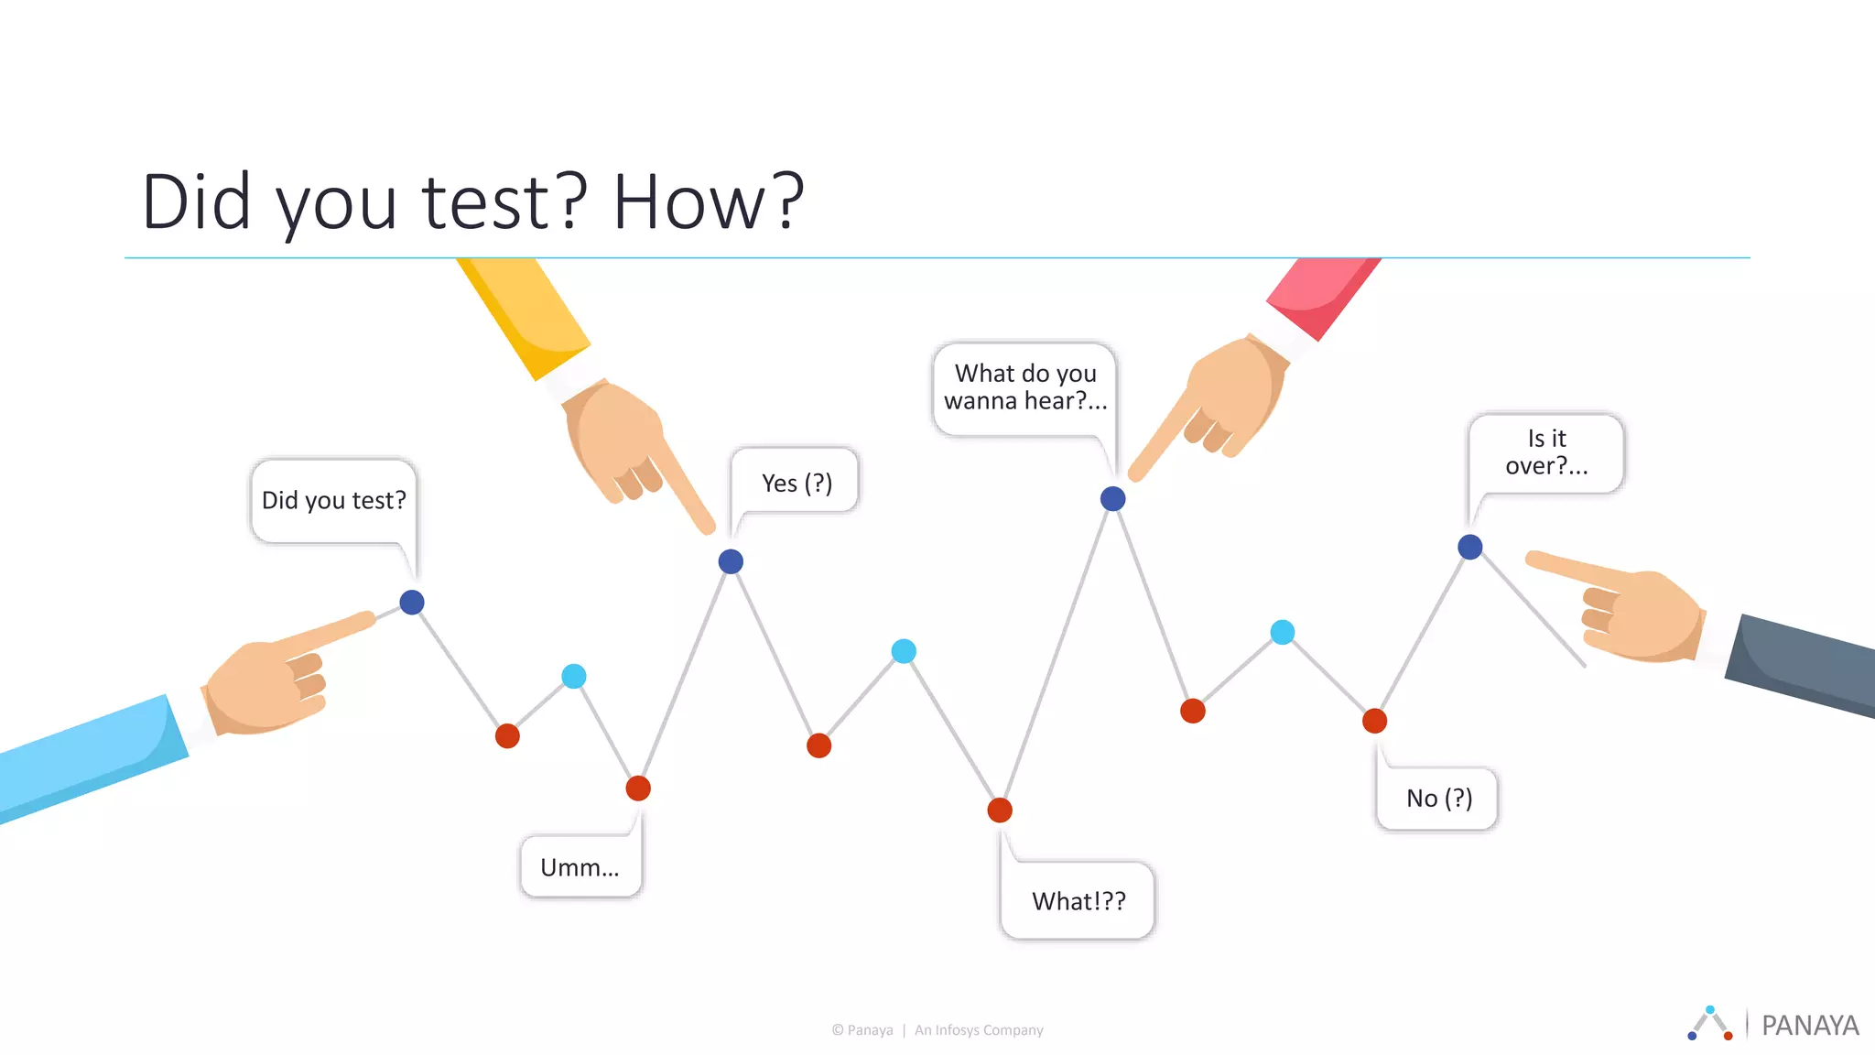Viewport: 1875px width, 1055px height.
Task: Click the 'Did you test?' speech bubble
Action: point(333,500)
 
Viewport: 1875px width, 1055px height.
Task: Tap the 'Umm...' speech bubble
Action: point(580,866)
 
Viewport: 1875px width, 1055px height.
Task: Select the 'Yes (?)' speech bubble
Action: point(797,482)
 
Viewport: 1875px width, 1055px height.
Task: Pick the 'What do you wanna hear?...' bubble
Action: point(1025,388)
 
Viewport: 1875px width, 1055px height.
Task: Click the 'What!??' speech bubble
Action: point(1078,900)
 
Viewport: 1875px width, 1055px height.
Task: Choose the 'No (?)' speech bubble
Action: point(1438,799)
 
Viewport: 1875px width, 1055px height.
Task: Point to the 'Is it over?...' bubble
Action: point(1546,452)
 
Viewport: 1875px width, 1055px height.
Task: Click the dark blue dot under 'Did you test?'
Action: point(412,603)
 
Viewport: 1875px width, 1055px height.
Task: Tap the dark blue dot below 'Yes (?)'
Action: point(731,561)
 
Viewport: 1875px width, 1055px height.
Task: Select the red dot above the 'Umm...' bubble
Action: point(638,788)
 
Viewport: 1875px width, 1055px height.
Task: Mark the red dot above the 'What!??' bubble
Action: point(1000,810)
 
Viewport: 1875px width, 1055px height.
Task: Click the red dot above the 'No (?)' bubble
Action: point(1374,721)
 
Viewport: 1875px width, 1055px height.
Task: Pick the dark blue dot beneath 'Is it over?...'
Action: point(1469,547)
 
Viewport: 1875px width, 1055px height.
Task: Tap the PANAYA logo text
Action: point(1809,1026)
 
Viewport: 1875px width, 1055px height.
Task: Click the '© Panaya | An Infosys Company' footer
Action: point(937,1030)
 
